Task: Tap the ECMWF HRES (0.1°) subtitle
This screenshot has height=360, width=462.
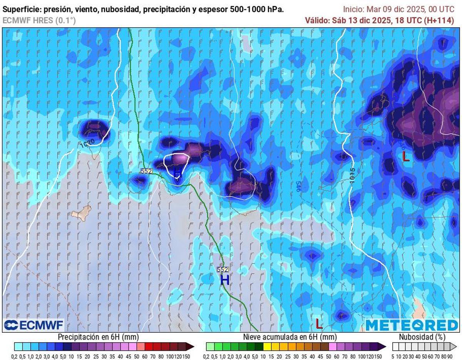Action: (39, 21)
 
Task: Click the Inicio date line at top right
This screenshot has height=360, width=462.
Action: (398, 9)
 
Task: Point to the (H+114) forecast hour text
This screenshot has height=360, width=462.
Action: (439, 20)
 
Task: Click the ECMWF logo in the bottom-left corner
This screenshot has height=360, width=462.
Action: (33, 325)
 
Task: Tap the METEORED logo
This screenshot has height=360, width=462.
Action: (412, 325)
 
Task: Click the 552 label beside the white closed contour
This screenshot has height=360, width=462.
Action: (147, 171)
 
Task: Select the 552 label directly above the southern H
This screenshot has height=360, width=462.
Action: (223, 270)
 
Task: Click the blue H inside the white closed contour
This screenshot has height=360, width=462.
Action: (177, 172)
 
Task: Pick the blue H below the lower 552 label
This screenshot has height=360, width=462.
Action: (224, 280)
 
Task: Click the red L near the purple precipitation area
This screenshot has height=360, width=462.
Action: (405, 156)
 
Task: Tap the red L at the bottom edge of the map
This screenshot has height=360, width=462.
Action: (319, 323)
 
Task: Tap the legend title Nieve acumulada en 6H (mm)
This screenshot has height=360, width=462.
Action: (290, 337)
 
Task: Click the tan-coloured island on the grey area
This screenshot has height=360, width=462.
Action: (82, 212)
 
